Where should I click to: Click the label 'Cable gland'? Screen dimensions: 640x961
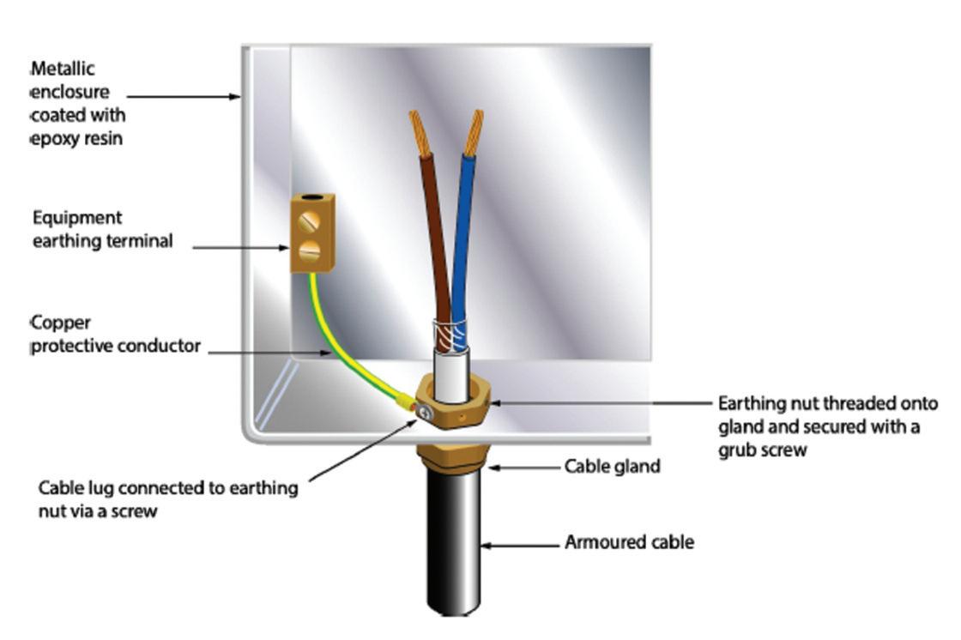coord(612,468)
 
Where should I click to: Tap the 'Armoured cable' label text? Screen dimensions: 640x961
coord(629,542)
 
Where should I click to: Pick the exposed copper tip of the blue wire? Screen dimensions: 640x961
coord(474,132)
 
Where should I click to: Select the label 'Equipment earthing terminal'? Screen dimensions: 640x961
coord(101,229)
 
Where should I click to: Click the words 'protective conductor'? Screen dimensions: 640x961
coord(117,347)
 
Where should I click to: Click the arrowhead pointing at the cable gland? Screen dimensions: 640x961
coord(493,468)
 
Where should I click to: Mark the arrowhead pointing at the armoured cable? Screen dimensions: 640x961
coord(486,543)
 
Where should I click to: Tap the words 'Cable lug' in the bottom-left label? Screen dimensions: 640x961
coord(76,489)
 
